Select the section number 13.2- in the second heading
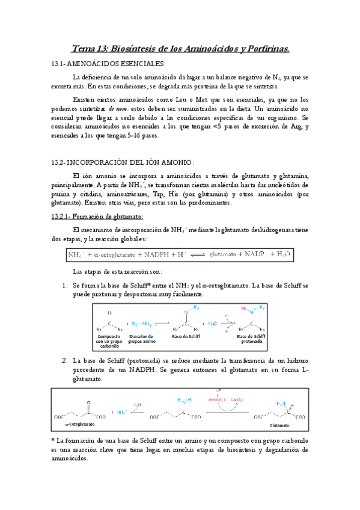[59, 162]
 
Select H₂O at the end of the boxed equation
[283, 255]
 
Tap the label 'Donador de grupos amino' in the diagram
[143, 339]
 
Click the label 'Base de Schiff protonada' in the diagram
[252, 339]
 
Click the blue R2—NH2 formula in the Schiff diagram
[143, 324]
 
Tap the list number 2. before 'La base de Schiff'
[64, 360]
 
